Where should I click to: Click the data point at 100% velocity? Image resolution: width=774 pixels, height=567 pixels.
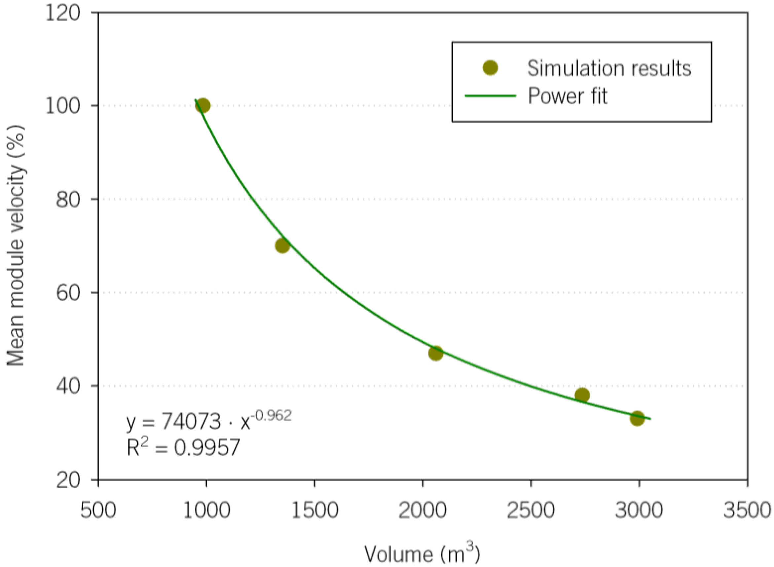click(203, 105)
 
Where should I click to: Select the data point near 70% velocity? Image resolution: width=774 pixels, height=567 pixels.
click(282, 246)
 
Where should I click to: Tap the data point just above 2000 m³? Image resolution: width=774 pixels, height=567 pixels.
click(436, 353)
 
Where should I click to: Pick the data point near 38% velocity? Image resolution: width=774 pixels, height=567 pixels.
click(582, 396)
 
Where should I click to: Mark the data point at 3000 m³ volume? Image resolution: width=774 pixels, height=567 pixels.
click(637, 418)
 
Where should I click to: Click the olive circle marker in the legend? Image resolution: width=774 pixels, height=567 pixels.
click(490, 68)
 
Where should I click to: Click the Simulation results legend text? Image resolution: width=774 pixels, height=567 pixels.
click(609, 68)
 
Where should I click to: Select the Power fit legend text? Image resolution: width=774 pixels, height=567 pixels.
click(568, 96)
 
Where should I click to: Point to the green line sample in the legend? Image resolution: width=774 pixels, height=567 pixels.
click(490, 96)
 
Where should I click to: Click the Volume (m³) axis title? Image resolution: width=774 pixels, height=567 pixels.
click(422, 553)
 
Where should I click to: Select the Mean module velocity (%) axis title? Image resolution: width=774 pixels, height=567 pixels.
click(16, 246)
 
